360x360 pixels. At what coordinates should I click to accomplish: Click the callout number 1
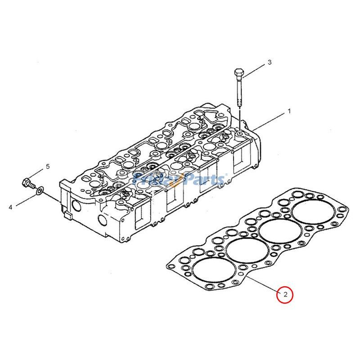tap(290, 111)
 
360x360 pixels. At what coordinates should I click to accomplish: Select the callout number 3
tap(270, 62)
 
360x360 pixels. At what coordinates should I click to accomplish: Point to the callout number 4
tap(10, 207)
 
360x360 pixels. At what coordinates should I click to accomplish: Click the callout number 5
tap(47, 167)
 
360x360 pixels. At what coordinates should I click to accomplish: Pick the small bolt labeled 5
tap(28, 183)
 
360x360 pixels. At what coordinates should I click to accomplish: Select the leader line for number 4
tap(25, 200)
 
